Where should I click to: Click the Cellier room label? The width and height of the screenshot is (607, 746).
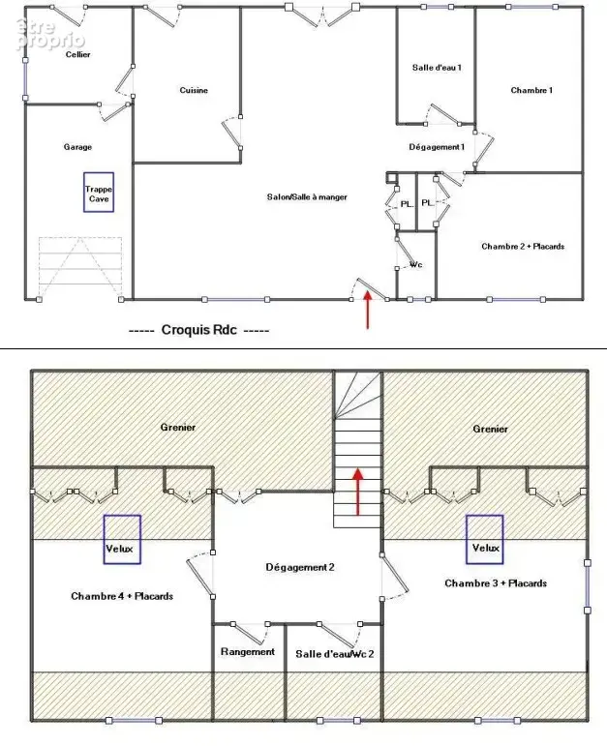78,55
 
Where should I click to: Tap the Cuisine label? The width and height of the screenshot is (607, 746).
194,90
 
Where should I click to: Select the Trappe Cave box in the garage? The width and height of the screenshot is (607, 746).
99,193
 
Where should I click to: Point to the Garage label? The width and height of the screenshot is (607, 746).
77,147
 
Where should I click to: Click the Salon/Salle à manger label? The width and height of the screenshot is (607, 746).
307,197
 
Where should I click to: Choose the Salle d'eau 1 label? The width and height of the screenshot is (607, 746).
437,68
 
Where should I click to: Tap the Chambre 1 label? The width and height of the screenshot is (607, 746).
531,90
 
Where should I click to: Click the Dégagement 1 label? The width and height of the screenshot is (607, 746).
437,147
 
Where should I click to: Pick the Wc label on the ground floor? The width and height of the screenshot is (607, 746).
416,264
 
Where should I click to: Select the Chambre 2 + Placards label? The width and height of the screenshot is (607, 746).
523,247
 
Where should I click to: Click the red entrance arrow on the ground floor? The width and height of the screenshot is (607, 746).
368,310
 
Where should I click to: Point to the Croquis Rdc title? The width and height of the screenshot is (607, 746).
199,330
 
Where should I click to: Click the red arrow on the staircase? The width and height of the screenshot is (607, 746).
357,492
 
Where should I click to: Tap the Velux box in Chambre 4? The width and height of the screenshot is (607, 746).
122,540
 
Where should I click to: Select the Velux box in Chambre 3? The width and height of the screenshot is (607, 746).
485,540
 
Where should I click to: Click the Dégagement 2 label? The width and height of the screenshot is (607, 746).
300,567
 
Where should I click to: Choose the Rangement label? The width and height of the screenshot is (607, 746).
248,652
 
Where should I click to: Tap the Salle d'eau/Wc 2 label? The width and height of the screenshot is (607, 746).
335,654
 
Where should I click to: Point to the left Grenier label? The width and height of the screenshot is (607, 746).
178,428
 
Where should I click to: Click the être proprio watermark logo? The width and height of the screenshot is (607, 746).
50,34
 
